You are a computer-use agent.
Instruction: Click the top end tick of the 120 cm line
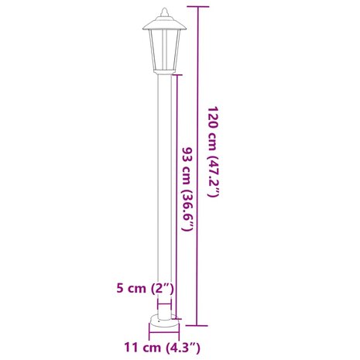tap(200, 7)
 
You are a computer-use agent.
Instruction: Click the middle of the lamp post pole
tap(163, 194)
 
